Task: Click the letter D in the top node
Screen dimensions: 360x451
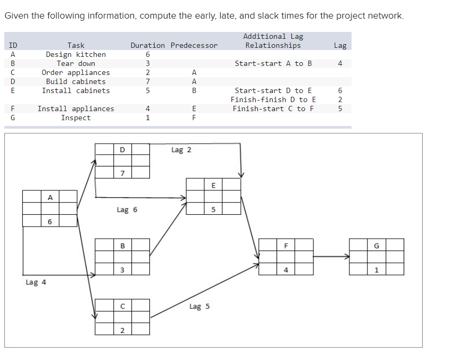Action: pyautogui.click(x=122, y=149)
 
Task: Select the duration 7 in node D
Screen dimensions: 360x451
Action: pyautogui.click(x=122, y=173)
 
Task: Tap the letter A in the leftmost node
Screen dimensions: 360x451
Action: pyautogui.click(x=50, y=197)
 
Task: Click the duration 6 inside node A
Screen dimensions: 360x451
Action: pyautogui.click(x=50, y=221)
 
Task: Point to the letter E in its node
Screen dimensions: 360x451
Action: pyautogui.click(x=213, y=185)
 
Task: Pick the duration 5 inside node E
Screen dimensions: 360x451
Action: pyautogui.click(x=213, y=209)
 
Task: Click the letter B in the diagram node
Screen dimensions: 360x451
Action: pyautogui.click(x=122, y=246)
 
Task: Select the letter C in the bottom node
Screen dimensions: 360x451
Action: pyautogui.click(x=122, y=306)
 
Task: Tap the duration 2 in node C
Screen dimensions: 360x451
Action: pyautogui.click(x=122, y=330)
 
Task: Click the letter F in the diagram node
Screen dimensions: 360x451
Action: pyautogui.click(x=286, y=246)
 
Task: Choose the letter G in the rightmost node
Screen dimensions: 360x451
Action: pyautogui.click(x=376, y=246)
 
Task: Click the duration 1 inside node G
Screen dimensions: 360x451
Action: pyautogui.click(x=376, y=269)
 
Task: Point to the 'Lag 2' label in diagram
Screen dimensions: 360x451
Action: pyautogui.click(x=181, y=150)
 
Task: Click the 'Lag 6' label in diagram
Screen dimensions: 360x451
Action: pyautogui.click(x=127, y=210)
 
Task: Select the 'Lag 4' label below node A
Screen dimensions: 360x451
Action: pyautogui.click(x=36, y=282)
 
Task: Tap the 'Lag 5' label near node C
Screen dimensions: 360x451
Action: pyautogui.click(x=199, y=307)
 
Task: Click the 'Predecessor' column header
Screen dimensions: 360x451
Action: pyautogui.click(x=194, y=46)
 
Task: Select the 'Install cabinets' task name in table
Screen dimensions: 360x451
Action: pyautogui.click(x=76, y=90)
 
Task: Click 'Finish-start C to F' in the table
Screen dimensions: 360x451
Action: pyautogui.click(x=273, y=108)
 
